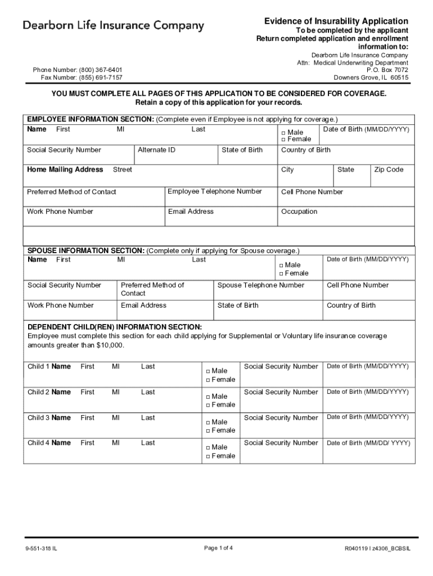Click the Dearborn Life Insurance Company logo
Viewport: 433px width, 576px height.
point(113,26)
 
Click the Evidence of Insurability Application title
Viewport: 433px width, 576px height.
point(336,21)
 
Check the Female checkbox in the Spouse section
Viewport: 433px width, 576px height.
point(281,273)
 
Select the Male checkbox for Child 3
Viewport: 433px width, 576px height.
point(208,422)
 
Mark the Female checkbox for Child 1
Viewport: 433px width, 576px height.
point(208,380)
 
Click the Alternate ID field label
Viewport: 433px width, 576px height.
point(156,150)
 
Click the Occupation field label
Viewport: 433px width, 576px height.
point(299,211)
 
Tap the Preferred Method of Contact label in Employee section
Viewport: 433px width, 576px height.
point(71,192)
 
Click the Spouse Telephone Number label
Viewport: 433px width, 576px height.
point(260,285)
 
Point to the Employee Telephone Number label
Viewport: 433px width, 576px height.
point(215,191)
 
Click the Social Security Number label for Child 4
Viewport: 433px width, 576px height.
point(281,443)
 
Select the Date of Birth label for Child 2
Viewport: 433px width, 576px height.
point(367,391)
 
